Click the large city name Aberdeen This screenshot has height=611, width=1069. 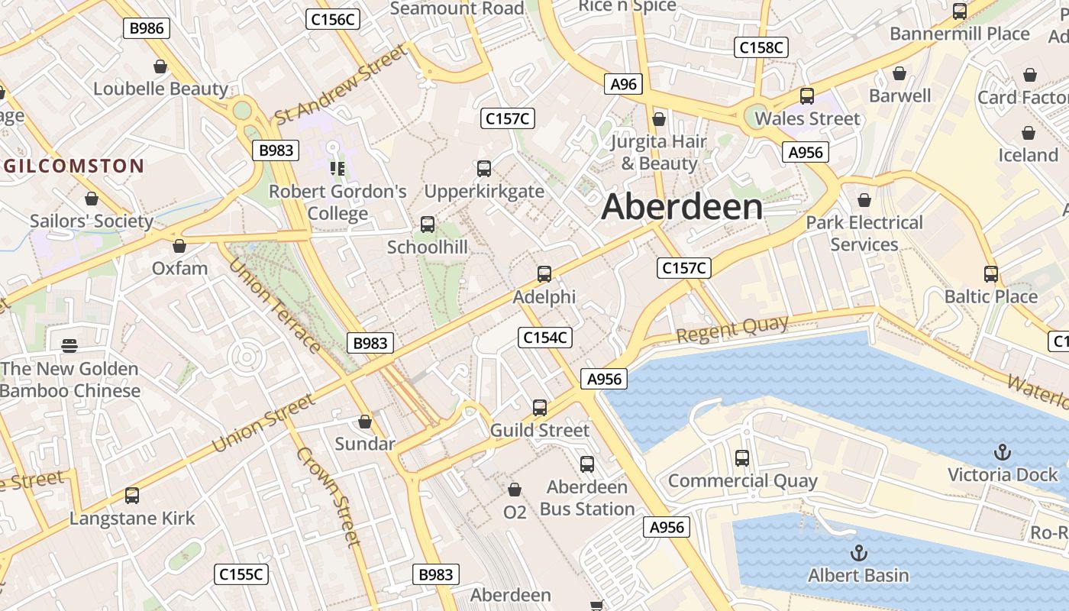pos(682,207)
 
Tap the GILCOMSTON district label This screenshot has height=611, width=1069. pos(73,166)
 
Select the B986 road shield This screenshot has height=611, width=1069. pos(147,28)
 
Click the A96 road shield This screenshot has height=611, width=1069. pos(624,84)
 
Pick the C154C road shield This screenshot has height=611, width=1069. pos(545,337)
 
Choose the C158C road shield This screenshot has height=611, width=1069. pos(761,47)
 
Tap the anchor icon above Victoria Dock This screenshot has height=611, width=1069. pos(1003,452)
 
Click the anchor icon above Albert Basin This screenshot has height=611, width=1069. pos(859,552)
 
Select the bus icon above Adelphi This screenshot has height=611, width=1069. pos(544,273)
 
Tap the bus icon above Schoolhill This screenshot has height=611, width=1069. pos(428,225)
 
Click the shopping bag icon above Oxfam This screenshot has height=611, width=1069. pos(179,246)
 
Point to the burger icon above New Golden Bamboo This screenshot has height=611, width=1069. pos(69,346)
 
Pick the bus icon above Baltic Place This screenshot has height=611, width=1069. pos(991,273)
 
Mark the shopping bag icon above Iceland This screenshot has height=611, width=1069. pos(1029,133)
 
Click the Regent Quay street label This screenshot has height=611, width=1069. pos(732,330)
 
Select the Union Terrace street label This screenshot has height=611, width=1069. pos(274,306)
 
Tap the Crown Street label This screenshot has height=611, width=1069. pos(328,496)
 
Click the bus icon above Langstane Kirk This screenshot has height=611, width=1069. pos(132,496)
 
